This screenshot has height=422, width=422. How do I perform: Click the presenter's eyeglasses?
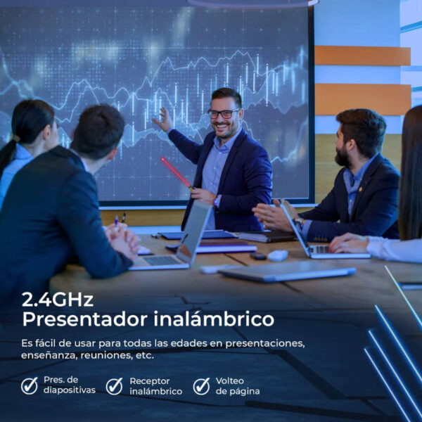pyautogui.click(x=223, y=113)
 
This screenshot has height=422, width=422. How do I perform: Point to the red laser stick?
pyautogui.click(x=176, y=173)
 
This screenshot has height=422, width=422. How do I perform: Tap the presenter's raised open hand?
pyautogui.click(x=163, y=120)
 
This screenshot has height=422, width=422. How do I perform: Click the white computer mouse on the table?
pyautogui.click(x=278, y=255)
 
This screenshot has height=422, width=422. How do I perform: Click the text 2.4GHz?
pyautogui.click(x=58, y=300)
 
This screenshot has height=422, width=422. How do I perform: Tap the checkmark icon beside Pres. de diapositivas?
pyautogui.click(x=30, y=385)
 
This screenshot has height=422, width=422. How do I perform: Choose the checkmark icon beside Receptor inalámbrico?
pyautogui.click(x=114, y=385)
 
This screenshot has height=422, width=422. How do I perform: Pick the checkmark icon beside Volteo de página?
pyautogui.click(x=201, y=385)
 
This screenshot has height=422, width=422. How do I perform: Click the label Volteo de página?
pyautogui.click(x=237, y=385)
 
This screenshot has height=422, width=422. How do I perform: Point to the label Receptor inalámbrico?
pyautogui.click(x=155, y=386)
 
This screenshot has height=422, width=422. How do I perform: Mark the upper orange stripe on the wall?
pyautogui.click(x=362, y=56)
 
